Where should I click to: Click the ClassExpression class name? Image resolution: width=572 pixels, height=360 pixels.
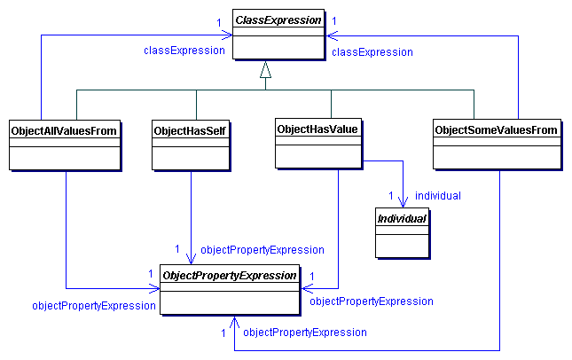tap(278, 20)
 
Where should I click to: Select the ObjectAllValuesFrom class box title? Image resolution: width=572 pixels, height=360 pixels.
tap(64, 130)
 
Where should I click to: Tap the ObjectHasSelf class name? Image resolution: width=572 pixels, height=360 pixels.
tap(190, 130)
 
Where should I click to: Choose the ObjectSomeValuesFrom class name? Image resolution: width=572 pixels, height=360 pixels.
tap(496, 130)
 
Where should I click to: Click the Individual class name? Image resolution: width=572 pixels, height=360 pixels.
tap(402, 217)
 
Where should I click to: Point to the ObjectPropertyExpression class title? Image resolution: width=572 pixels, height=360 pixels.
tap(229, 276)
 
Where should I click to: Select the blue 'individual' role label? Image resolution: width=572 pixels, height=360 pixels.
tap(438, 195)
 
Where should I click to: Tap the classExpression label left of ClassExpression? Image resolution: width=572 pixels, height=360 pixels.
tap(184, 51)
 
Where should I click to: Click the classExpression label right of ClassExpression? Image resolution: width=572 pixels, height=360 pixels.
tap(372, 52)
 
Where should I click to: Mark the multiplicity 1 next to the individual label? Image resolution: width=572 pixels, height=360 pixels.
tap(391, 195)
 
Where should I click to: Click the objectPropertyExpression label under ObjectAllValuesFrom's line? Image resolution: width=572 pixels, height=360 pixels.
tap(94, 305)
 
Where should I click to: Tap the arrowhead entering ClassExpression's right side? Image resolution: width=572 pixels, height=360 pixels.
tap(329, 35)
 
